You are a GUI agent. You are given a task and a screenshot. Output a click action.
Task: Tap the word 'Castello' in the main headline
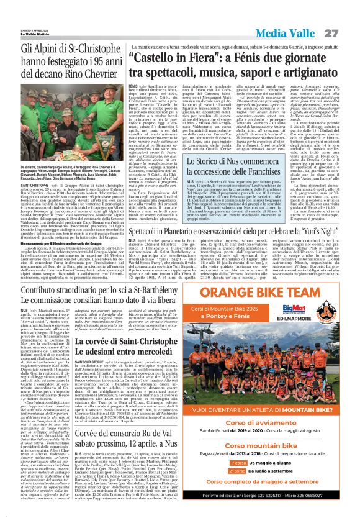pyautogui.click(x=155, y=58)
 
